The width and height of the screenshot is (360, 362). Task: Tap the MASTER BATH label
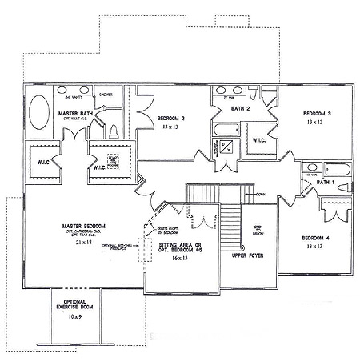coord(76,115)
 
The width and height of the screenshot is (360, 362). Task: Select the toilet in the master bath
coord(114,131)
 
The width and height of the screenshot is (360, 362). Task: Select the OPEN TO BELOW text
coord(258,231)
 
